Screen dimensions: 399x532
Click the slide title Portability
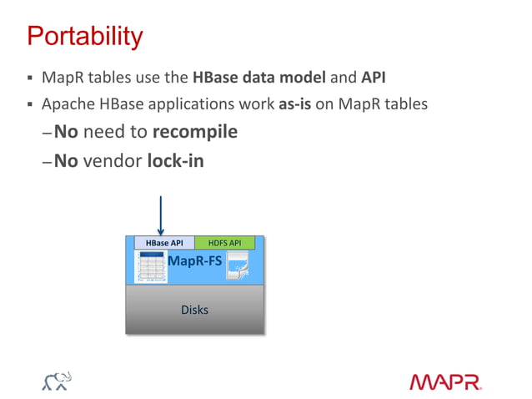pos(84,37)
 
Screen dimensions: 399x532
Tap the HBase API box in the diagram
pos(164,243)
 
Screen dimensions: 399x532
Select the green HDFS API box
pos(224,243)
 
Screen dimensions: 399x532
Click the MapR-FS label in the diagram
pos(195,261)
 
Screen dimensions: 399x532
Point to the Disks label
pos(194,310)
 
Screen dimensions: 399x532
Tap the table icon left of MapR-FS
pos(150,267)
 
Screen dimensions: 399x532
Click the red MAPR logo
pos(445,382)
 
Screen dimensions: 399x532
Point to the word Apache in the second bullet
pos(67,106)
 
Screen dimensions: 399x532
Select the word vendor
pos(113,159)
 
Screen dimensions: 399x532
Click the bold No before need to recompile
pos(66,132)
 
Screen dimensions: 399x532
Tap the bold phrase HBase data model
pos(259,79)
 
